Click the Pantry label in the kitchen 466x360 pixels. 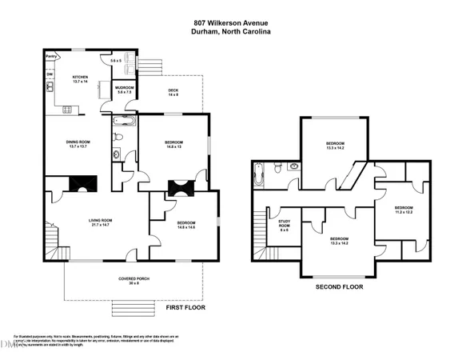(x=51, y=57)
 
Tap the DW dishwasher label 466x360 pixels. (x=50, y=74)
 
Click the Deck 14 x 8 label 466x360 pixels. (x=173, y=92)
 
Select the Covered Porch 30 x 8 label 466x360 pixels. (x=133, y=281)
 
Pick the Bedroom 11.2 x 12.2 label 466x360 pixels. (x=405, y=210)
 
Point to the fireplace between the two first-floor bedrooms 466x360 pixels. (x=180, y=188)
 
